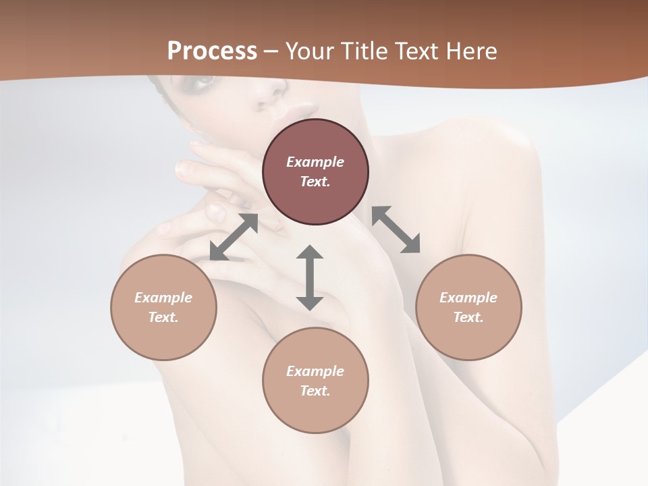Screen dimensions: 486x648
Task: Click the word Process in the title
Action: [x=212, y=51]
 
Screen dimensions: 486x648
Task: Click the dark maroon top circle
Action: [x=315, y=171]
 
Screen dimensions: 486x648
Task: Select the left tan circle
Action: [x=163, y=307]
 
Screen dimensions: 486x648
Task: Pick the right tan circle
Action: [x=468, y=307]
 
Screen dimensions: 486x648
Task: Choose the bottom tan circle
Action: [x=315, y=380]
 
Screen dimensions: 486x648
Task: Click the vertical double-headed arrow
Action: [x=310, y=277]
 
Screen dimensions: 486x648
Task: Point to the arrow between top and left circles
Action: [x=234, y=236]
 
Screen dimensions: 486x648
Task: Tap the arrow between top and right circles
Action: [x=396, y=230]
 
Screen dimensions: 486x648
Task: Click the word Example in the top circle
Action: [x=315, y=162]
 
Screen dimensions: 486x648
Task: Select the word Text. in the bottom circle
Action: [x=315, y=391]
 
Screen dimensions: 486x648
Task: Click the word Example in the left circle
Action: [x=163, y=298]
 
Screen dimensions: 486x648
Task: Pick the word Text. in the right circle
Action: [x=468, y=317]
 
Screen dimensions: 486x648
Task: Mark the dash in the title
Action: [x=271, y=51]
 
